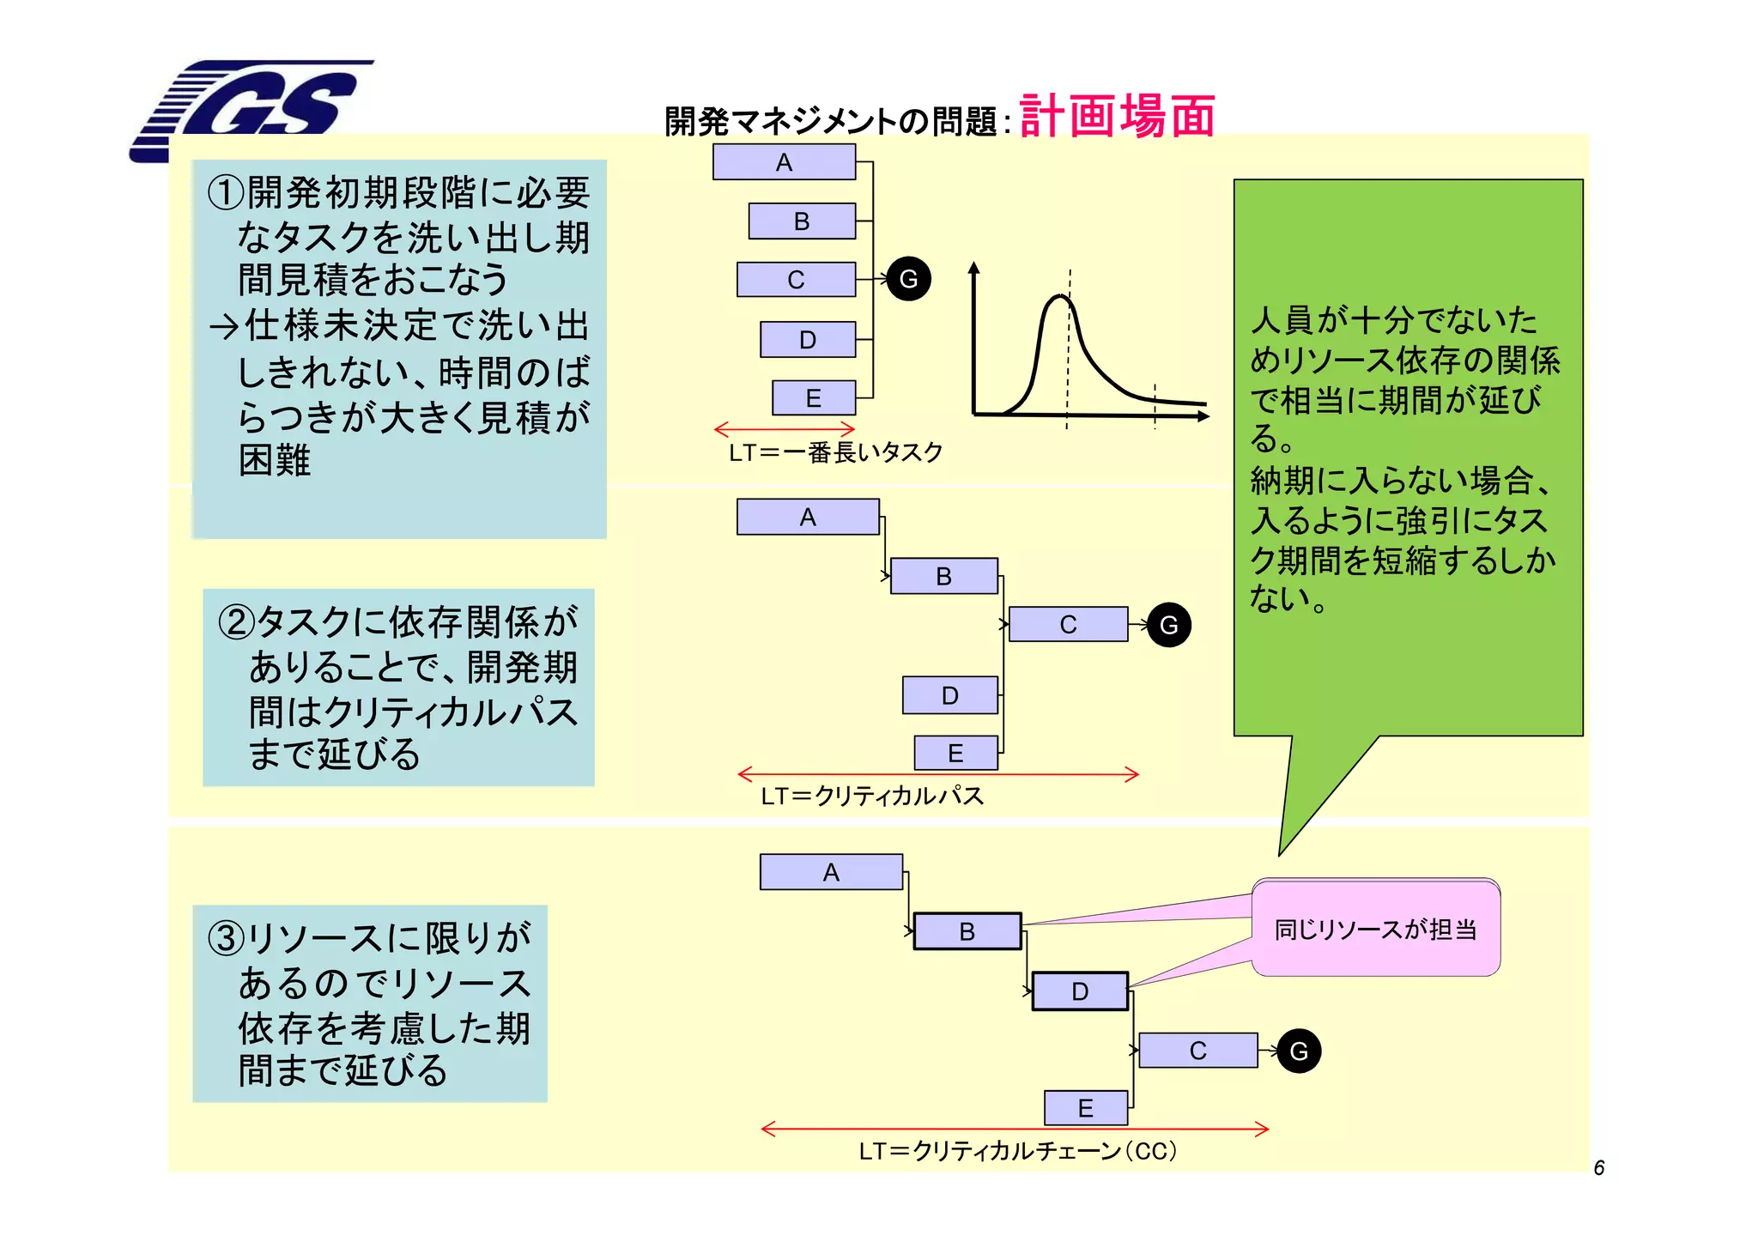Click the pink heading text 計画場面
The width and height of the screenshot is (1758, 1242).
1117,117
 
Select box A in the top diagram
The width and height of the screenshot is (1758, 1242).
784,162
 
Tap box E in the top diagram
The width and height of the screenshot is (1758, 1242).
813,398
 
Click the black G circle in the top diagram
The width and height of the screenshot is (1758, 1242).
908,279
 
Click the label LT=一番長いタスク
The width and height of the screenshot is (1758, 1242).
835,452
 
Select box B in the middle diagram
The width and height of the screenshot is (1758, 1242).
943,576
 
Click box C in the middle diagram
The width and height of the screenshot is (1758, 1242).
1068,624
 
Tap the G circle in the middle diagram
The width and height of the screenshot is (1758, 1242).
1168,625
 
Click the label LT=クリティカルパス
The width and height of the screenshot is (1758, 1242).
871,797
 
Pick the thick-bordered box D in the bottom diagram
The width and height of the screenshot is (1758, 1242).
1079,991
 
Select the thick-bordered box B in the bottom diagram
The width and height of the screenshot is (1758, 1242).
967,931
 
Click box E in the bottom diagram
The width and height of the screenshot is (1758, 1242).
1085,1108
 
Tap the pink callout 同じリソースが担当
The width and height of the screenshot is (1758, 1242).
1375,930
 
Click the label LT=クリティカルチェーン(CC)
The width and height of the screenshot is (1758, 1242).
1017,1151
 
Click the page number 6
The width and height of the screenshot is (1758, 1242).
1598,1168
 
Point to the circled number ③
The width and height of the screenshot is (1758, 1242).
227,938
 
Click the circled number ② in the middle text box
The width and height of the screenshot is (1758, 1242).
237,622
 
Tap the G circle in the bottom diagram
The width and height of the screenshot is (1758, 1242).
1298,1051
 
